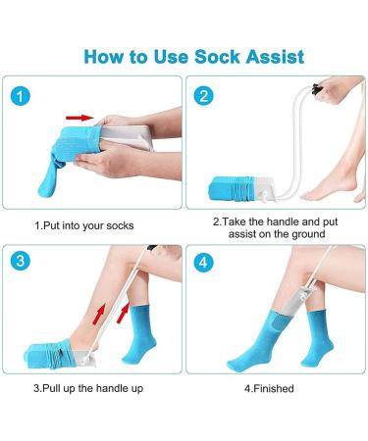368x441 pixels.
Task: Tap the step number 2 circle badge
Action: pyautogui.click(x=203, y=96)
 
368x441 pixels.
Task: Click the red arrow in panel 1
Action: pyautogui.click(x=91, y=116)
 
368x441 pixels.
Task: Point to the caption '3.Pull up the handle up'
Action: pyautogui.click(x=86, y=388)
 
